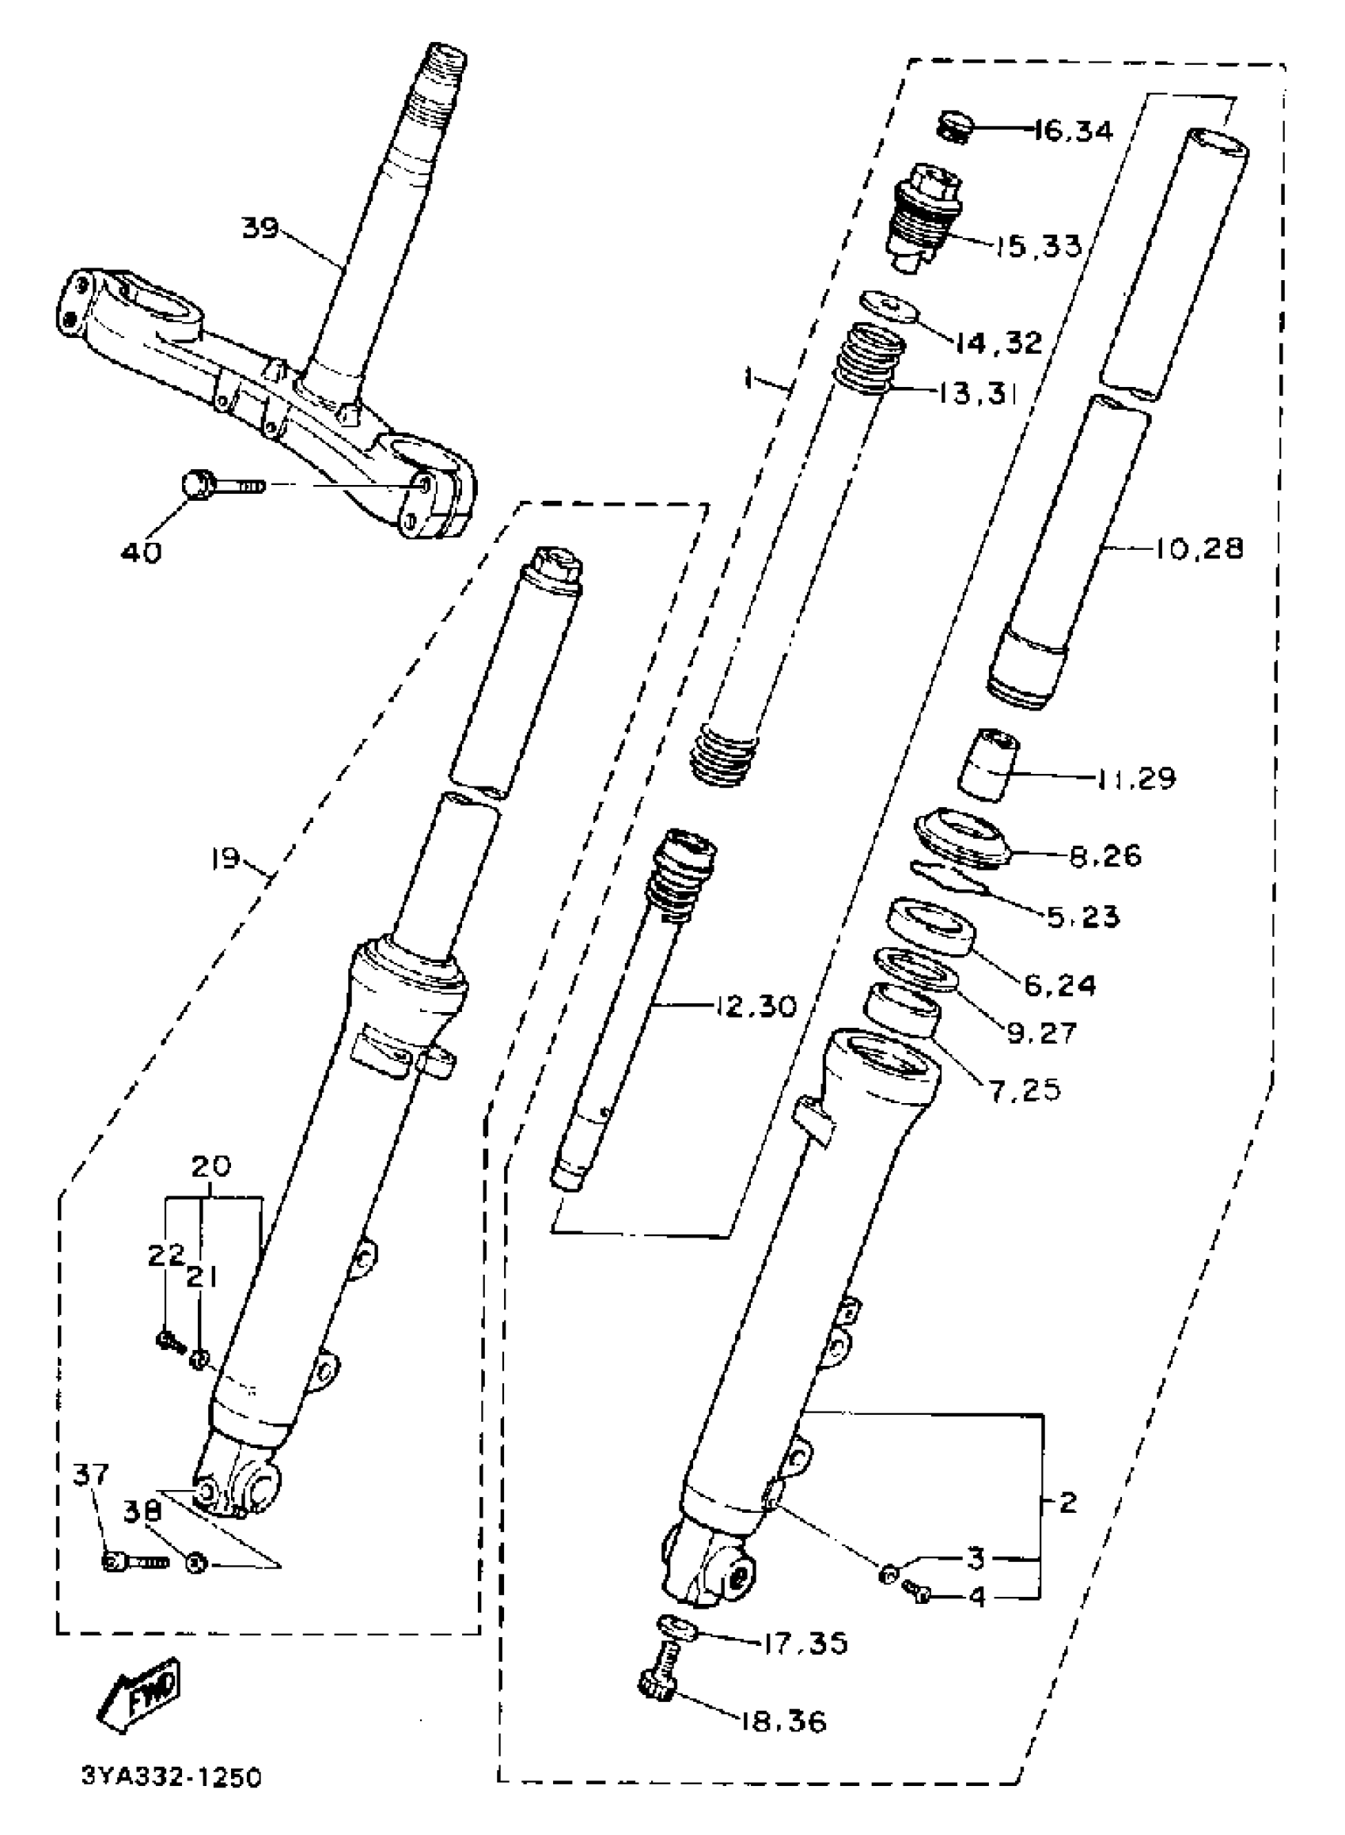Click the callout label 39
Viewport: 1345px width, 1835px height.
click(x=260, y=228)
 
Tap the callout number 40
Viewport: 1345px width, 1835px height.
click(x=141, y=553)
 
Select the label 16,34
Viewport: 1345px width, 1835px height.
click(x=1072, y=131)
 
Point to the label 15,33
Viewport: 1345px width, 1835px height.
click(x=1038, y=245)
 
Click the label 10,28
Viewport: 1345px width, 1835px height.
click(x=1199, y=548)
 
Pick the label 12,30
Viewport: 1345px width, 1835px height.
click(x=756, y=1007)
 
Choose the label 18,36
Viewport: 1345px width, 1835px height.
click(x=783, y=1721)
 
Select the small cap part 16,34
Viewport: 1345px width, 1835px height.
click(x=955, y=128)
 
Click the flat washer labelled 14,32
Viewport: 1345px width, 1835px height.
click(x=889, y=306)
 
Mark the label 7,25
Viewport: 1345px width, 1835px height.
click(x=1025, y=1090)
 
